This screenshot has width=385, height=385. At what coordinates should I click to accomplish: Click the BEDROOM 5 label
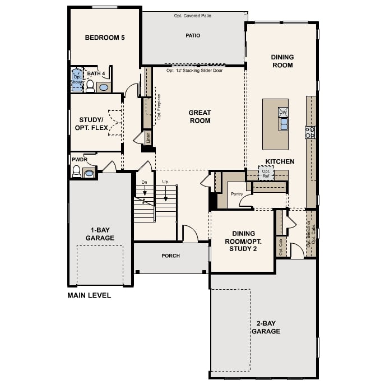104,38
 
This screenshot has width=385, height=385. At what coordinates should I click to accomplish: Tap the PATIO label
193,35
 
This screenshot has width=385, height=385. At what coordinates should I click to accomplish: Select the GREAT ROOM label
200,117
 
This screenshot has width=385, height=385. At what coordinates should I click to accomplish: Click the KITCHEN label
280,161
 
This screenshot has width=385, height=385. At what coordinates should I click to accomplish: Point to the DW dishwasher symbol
283,112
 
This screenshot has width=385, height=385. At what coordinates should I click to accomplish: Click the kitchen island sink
284,124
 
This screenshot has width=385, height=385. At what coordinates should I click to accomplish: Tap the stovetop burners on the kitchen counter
310,132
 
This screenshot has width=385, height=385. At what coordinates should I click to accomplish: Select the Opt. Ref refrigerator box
266,173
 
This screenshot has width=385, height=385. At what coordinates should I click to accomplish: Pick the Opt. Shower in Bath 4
77,79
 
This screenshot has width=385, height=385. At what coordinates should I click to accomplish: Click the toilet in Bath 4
90,85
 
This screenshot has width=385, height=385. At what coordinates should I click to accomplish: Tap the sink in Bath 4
104,87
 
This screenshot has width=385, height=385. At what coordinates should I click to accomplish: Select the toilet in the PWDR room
76,171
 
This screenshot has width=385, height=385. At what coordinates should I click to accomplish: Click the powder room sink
89,173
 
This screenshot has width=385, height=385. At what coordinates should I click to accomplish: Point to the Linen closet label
149,138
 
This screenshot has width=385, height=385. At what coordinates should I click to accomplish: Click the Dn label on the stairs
144,182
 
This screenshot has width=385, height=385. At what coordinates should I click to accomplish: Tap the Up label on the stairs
165,182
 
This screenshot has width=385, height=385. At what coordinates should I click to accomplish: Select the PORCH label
170,256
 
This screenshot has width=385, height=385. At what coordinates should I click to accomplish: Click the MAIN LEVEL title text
89,295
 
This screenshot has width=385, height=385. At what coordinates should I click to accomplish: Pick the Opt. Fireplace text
159,106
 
